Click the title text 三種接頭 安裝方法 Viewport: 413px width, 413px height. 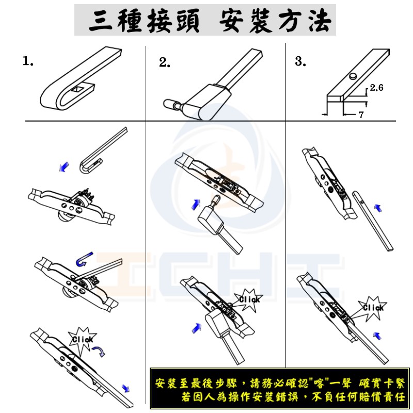(x=210, y=21)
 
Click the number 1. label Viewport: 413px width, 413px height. (x=28, y=61)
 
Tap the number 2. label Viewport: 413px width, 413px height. (x=164, y=62)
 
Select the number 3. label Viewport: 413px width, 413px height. (x=300, y=61)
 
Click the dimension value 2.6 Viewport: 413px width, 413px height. (x=377, y=87)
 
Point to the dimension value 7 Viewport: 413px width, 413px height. (x=361, y=115)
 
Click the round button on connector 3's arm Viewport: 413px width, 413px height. (x=353, y=76)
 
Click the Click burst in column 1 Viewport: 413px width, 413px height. (x=82, y=339)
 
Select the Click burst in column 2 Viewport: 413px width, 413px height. (x=249, y=300)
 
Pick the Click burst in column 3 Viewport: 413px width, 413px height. (x=373, y=308)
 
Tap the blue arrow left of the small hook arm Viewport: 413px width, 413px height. (x=64, y=167)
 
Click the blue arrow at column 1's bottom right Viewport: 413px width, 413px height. (x=125, y=388)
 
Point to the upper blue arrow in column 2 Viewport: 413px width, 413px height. (x=196, y=204)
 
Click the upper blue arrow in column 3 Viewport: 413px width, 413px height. (x=378, y=208)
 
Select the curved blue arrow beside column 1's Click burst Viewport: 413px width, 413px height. (x=99, y=352)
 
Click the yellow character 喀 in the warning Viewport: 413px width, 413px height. (x=318, y=383)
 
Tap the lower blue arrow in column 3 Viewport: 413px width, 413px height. (x=377, y=336)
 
